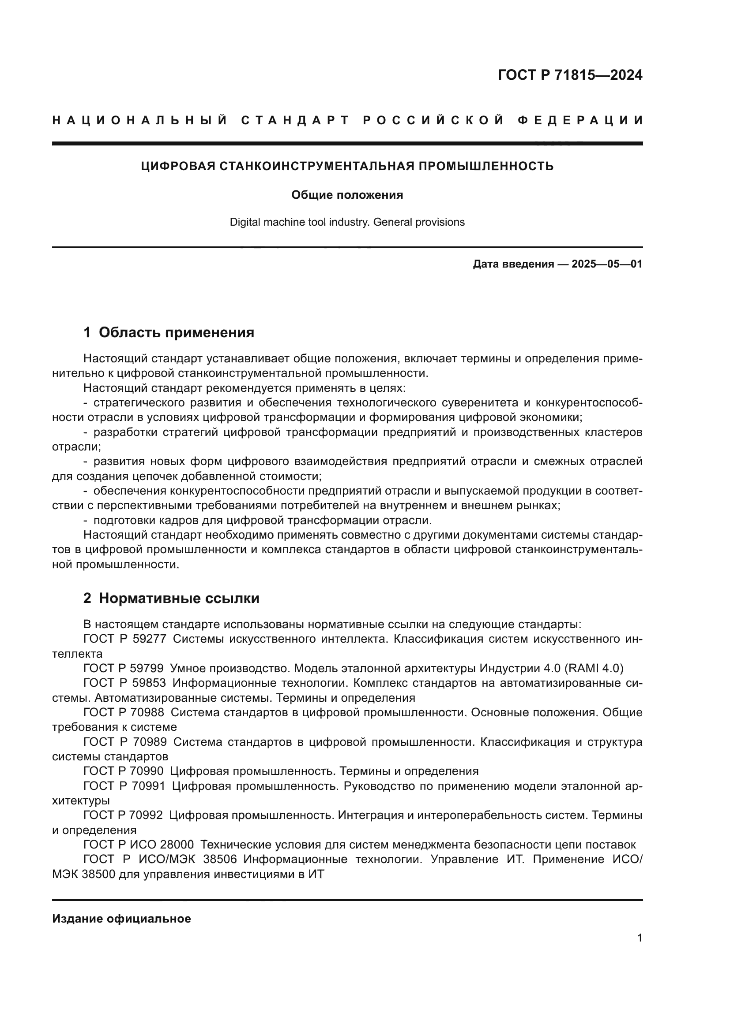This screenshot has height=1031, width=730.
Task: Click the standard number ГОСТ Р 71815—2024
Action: point(570,75)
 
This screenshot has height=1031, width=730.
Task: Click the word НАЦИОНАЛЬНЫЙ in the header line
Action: point(139,120)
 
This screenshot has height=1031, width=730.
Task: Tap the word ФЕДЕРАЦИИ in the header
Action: point(580,120)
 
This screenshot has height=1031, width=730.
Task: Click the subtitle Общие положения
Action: point(347,195)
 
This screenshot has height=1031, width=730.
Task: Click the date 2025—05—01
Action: point(606,264)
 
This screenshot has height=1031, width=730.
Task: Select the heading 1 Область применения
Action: point(169,333)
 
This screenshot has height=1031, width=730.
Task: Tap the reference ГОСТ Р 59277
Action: point(124,639)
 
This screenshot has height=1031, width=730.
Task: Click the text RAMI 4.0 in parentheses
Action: point(593,669)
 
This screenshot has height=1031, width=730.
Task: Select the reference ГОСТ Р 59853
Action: point(124,684)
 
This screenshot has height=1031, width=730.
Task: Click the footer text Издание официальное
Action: point(121,919)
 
